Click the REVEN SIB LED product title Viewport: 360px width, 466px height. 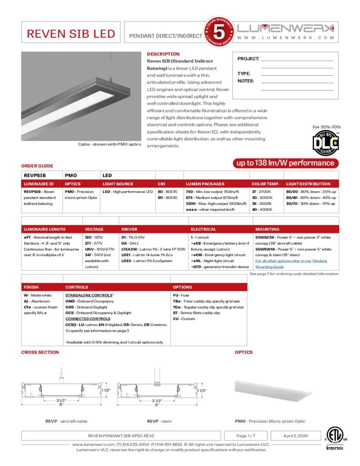[71, 34]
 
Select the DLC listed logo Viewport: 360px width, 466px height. [325, 143]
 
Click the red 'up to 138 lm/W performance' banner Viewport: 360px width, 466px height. [285, 163]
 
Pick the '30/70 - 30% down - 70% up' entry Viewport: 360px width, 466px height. [311, 203]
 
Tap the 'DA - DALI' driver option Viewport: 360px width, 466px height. [130, 243]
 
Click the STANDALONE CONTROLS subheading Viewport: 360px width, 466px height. [89, 295]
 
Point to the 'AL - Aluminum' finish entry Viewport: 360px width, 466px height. [36, 301]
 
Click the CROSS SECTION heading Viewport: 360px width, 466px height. [40, 352]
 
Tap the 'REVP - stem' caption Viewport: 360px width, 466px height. [159, 421]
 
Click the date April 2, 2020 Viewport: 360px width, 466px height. [296, 436]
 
